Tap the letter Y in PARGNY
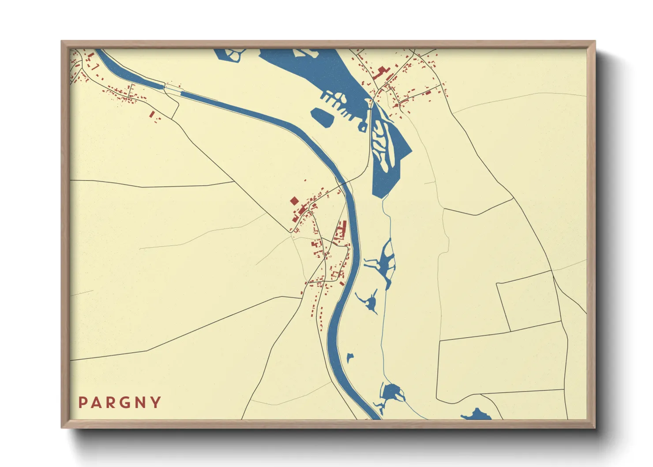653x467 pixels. point(156,403)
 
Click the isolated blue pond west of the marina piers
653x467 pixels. point(323,117)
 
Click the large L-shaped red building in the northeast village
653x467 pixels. point(380,72)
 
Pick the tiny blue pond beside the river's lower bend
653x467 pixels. point(350,357)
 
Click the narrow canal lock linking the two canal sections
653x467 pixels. point(173,90)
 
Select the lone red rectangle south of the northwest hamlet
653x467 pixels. point(152,114)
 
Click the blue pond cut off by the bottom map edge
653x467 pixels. point(477,415)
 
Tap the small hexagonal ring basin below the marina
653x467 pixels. point(363,128)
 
